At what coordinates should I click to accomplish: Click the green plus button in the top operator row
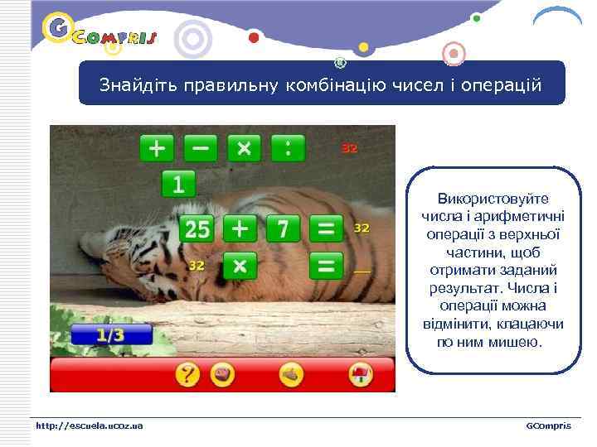click(157, 148)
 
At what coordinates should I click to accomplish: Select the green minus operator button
click(201, 148)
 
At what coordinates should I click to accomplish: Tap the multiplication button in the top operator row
click(244, 148)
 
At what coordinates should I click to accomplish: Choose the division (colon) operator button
click(288, 148)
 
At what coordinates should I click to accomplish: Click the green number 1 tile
click(178, 184)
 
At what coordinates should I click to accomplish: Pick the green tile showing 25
click(197, 228)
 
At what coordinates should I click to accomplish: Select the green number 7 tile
click(283, 228)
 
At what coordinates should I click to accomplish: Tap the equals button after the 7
click(327, 228)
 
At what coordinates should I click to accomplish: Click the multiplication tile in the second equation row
click(240, 267)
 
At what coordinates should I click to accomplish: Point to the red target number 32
click(350, 148)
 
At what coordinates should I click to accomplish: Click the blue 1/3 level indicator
click(111, 335)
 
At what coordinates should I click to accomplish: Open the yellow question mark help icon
click(188, 375)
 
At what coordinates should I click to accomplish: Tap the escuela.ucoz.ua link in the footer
click(89, 425)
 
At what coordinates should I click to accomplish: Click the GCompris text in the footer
click(548, 425)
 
